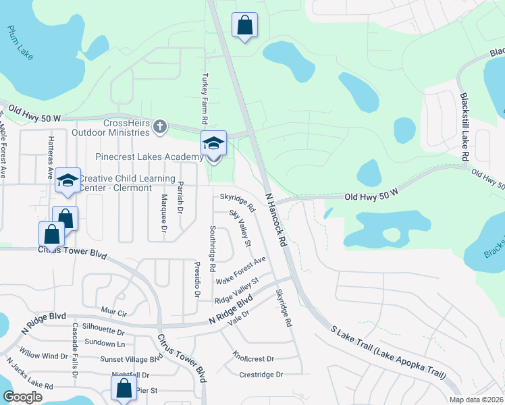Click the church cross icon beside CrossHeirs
(159, 126)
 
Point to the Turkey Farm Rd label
(203, 99)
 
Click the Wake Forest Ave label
(241, 270)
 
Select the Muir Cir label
(114, 313)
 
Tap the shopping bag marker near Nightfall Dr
(124, 388)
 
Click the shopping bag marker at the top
(244, 26)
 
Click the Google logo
(22, 397)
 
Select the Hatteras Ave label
(51, 156)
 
